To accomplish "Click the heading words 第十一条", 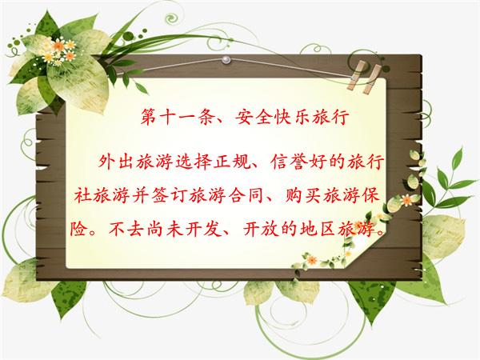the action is point(177,117).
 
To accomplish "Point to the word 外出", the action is point(116,162).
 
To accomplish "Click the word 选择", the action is point(193,162).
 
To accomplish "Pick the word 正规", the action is point(231,162).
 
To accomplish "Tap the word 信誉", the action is point(289,162).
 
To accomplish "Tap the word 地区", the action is point(317,229).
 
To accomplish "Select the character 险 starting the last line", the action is point(78,229).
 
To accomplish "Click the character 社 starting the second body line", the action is point(82,195).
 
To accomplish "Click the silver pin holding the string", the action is point(226,59).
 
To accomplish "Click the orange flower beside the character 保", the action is point(407,200).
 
